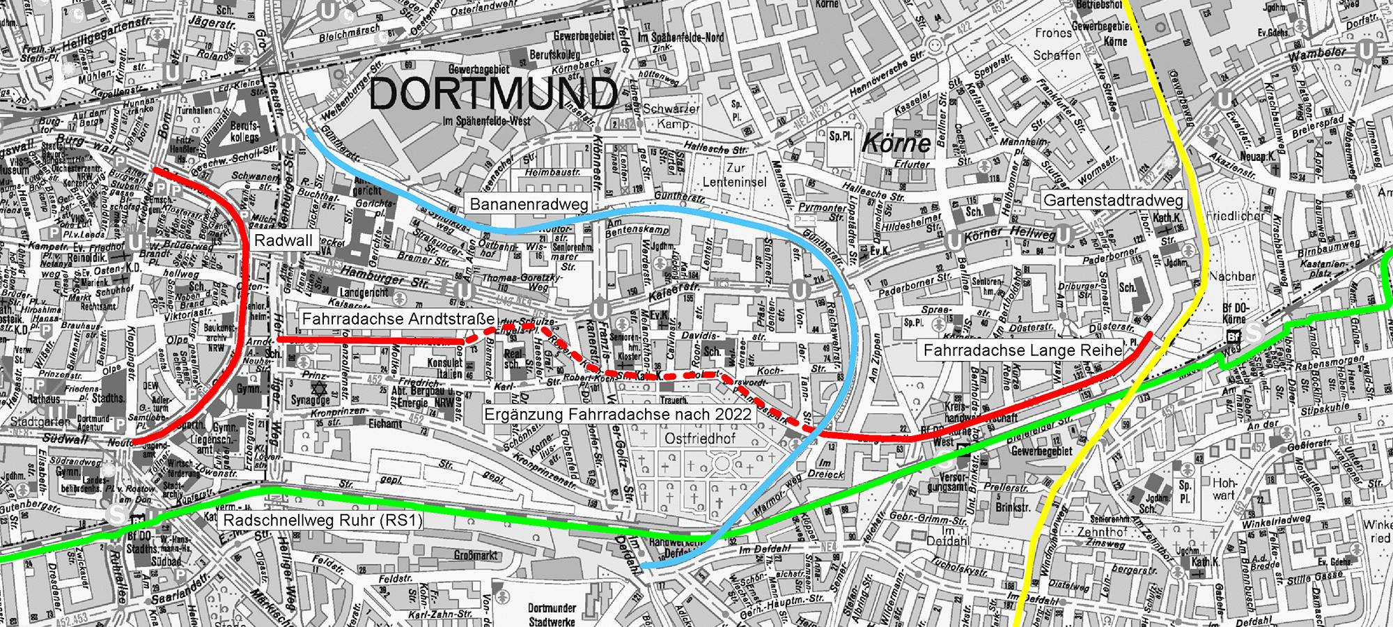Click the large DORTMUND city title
[x=493, y=94]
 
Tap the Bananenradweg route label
[x=529, y=205]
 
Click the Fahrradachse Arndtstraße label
[x=398, y=319]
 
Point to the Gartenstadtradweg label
[x=1113, y=201]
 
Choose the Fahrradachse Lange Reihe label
[x=1022, y=350]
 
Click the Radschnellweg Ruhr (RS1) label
[x=321, y=521]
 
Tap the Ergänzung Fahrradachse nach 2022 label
[x=618, y=414]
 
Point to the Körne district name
[x=896, y=144]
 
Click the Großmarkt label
[x=476, y=555]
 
